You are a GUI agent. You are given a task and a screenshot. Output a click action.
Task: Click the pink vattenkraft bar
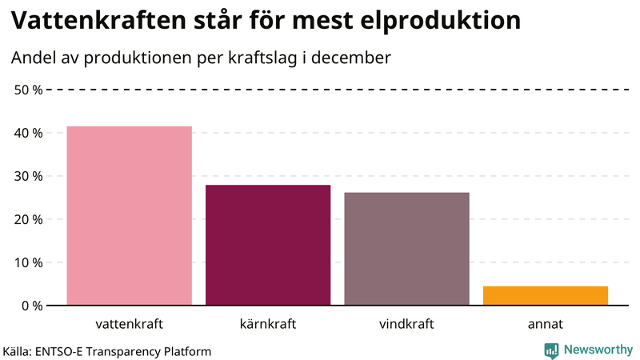(129, 215)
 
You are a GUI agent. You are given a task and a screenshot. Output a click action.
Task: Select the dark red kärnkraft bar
(268, 245)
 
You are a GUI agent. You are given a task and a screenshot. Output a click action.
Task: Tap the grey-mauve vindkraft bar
(406, 248)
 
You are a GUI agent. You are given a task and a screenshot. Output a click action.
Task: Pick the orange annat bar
(545, 295)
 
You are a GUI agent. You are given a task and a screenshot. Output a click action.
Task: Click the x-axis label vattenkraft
(129, 325)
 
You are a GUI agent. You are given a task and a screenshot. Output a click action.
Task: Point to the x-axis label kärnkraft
(268, 325)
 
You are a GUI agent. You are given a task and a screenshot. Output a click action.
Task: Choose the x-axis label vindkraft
(406, 325)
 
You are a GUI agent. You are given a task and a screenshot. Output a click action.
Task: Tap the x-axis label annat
(545, 325)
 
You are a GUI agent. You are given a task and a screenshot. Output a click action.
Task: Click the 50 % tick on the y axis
(29, 90)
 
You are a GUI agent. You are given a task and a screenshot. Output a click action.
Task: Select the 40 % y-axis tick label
(29, 133)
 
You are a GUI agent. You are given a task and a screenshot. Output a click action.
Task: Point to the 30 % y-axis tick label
(29, 176)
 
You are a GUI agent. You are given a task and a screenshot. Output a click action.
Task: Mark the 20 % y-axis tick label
(29, 219)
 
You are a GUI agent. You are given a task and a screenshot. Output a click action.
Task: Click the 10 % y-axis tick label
(29, 262)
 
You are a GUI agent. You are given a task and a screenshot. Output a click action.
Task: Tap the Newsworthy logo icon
(551, 350)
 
